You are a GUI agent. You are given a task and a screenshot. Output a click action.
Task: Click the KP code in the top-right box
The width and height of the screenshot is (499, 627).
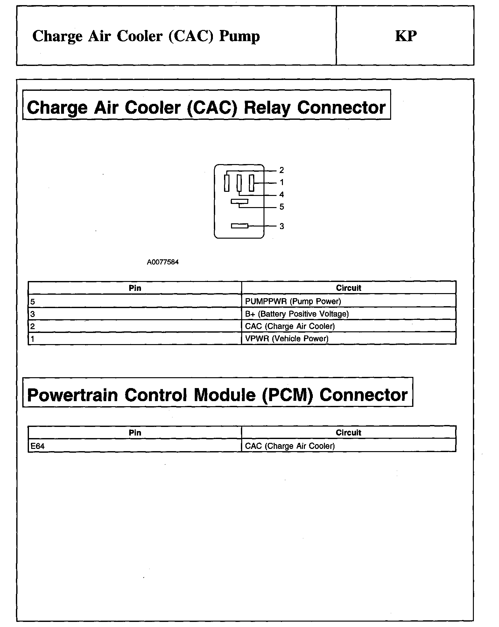click(x=406, y=36)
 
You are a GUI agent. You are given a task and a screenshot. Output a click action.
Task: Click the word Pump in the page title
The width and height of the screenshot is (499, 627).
click(x=239, y=36)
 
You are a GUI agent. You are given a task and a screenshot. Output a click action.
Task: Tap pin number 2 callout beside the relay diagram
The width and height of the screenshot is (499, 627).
click(x=282, y=170)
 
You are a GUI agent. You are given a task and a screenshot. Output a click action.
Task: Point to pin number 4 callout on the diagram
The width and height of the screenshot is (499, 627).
click(x=282, y=195)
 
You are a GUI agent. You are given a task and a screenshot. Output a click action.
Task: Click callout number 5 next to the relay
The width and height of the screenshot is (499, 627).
click(x=282, y=207)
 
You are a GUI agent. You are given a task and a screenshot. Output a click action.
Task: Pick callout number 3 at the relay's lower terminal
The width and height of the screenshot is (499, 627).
click(x=282, y=226)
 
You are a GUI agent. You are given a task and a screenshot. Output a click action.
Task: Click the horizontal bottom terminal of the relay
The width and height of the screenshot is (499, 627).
click(x=239, y=226)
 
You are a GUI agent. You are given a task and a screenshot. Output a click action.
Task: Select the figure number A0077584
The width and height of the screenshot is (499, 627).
click(x=163, y=262)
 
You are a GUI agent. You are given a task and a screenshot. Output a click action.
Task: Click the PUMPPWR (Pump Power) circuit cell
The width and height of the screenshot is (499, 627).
click(x=293, y=301)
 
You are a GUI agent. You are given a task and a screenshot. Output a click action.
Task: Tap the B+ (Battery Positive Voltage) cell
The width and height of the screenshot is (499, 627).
click(x=297, y=314)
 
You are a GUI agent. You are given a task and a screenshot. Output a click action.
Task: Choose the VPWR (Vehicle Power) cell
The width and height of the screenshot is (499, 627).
click(x=286, y=338)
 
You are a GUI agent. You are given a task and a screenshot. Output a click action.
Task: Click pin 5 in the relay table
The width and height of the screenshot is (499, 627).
click(x=32, y=301)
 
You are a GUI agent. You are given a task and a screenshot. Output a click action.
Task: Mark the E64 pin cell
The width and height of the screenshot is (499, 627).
click(x=37, y=446)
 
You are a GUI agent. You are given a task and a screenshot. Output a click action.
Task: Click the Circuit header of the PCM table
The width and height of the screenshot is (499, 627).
click(x=348, y=433)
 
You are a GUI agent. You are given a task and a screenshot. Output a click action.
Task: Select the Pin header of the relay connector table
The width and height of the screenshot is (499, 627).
click(x=135, y=288)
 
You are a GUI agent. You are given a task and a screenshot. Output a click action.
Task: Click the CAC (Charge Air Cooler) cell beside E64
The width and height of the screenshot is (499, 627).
click(x=290, y=446)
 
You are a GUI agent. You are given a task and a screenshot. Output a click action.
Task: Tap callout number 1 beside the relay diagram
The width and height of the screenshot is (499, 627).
click(x=282, y=183)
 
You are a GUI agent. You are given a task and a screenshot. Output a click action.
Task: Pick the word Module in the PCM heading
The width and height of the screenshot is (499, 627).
click(x=225, y=395)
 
